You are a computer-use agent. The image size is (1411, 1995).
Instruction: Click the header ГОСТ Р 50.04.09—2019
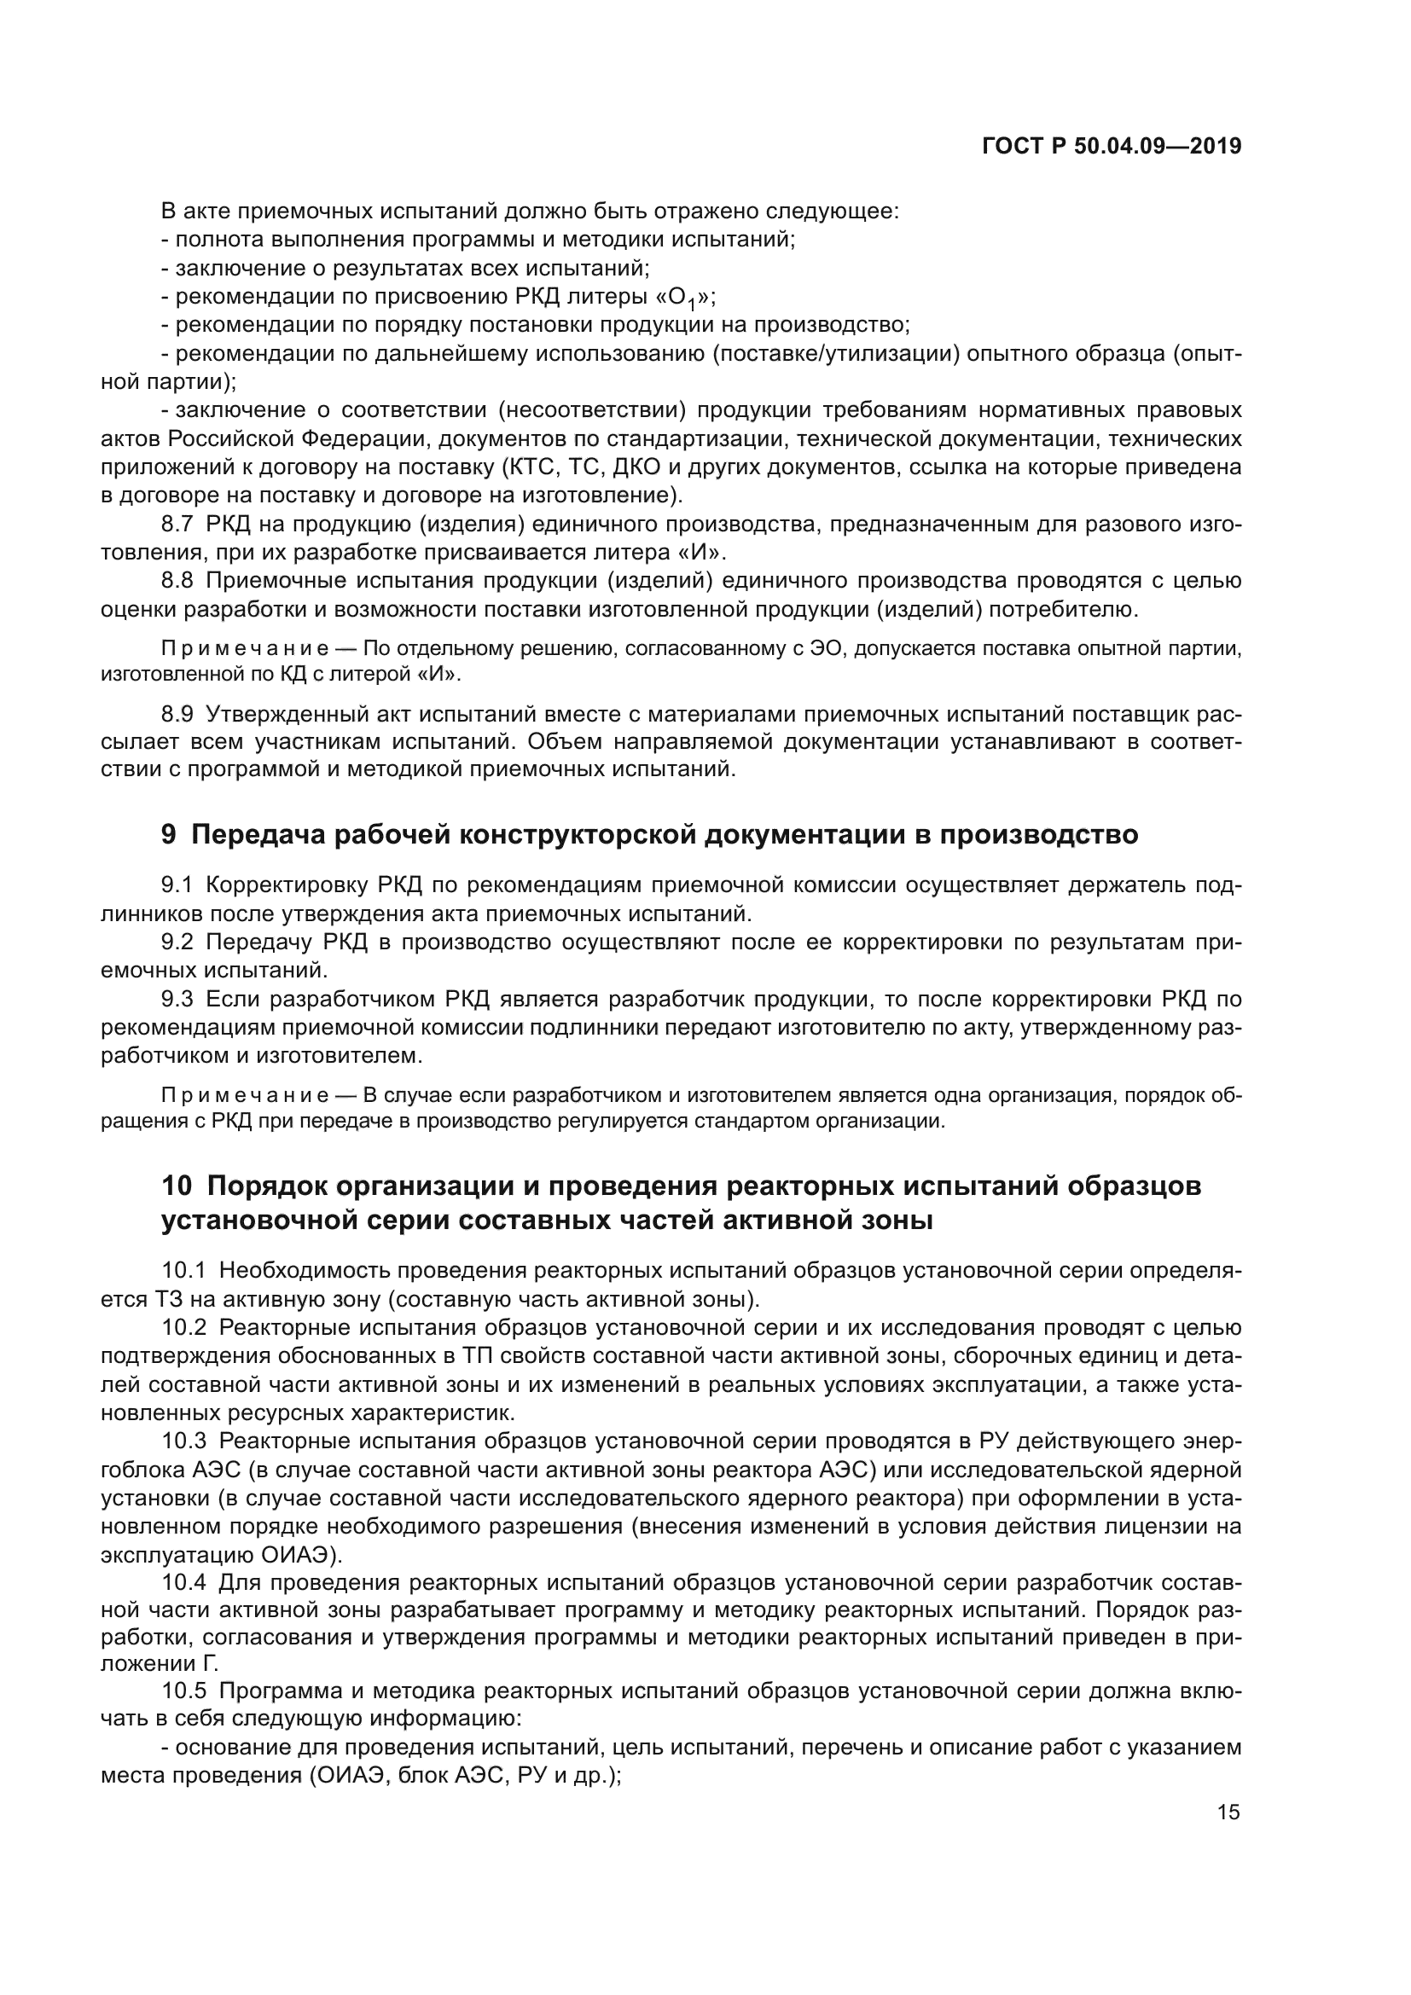[1112, 146]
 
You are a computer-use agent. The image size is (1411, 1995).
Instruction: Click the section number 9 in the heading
[169, 834]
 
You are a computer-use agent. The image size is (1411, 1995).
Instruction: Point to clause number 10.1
[183, 1270]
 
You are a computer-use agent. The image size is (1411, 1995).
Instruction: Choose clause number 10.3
[183, 1441]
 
